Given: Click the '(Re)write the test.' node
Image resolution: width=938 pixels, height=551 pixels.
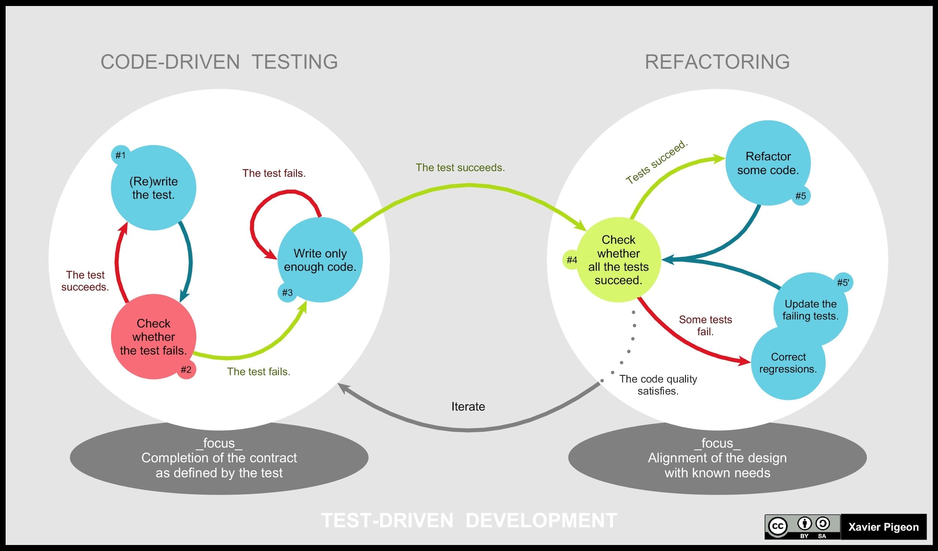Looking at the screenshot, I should click(x=153, y=188).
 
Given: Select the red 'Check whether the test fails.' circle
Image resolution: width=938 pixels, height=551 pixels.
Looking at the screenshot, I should click(x=153, y=337).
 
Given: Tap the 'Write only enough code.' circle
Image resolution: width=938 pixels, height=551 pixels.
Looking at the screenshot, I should click(x=320, y=260).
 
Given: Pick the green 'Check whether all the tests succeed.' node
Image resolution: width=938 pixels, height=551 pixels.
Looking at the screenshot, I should click(x=618, y=260).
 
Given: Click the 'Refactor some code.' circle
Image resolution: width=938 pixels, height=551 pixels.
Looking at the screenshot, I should click(x=768, y=163).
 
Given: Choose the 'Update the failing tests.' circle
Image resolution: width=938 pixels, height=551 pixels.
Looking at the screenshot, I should click(x=810, y=309).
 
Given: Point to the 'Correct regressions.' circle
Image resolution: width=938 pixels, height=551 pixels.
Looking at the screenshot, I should click(x=788, y=363).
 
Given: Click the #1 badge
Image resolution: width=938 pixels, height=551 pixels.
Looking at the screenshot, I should click(x=120, y=155).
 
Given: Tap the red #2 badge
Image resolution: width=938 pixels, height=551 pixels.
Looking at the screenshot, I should click(x=186, y=370).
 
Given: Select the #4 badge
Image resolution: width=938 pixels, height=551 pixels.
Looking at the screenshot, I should click(x=571, y=260).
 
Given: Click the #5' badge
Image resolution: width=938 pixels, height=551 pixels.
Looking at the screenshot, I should click(x=843, y=283).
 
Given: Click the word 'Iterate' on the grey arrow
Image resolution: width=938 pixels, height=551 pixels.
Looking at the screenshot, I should click(x=468, y=406).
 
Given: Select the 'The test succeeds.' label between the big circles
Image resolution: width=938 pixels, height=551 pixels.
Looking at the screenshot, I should click(x=460, y=167).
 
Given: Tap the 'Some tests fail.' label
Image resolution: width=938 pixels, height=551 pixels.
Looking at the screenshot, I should click(x=705, y=325).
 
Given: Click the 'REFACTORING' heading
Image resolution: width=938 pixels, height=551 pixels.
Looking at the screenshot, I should click(x=717, y=62).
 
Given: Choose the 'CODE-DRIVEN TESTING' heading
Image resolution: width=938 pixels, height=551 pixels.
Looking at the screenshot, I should click(x=219, y=62).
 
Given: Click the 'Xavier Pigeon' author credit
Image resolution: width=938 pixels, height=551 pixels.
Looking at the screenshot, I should click(x=883, y=527).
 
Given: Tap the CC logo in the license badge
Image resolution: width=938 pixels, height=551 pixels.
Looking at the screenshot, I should click(x=778, y=526).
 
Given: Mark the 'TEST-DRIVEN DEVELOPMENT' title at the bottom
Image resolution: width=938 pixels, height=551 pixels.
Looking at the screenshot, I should click(x=469, y=521).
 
